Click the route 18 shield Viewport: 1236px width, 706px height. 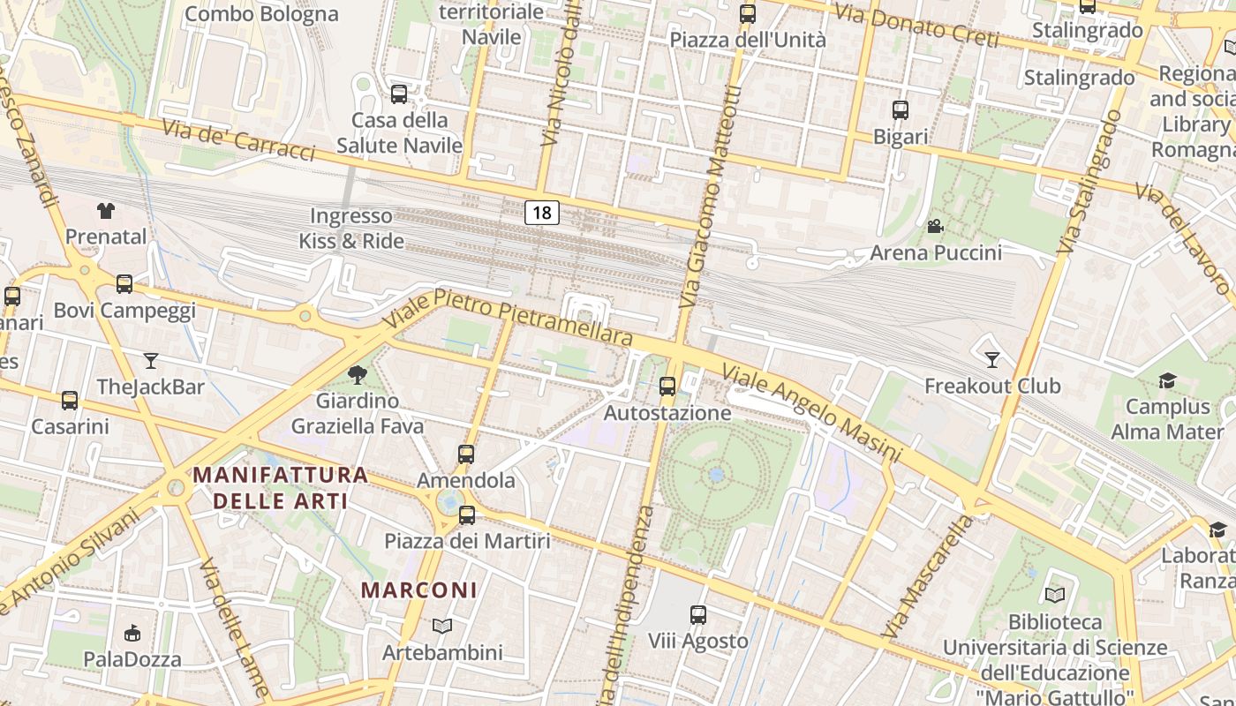(x=542, y=212)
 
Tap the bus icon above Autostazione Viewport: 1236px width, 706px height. (x=667, y=387)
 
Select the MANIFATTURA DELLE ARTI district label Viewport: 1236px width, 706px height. (x=281, y=488)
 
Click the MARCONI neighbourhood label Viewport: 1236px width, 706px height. (x=419, y=590)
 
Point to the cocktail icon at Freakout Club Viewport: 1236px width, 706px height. (x=992, y=359)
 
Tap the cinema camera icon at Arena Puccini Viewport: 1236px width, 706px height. (x=935, y=227)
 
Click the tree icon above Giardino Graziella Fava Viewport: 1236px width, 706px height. (x=358, y=375)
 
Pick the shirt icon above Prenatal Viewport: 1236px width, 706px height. (x=106, y=210)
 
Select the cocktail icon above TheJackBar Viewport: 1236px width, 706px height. (x=151, y=360)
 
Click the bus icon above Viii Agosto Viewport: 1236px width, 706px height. (x=698, y=615)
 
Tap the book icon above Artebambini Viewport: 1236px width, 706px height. (x=442, y=627)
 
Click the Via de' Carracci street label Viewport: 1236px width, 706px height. (x=238, y=139)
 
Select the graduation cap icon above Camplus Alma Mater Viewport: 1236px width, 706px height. (x=1167, y=380)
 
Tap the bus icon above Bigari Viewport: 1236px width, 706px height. (x=901, y=110)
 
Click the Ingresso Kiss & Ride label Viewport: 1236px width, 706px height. (x=351, y=229)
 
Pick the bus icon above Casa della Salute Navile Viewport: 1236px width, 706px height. (x=399, y=94)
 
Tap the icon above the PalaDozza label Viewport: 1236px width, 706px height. (x=132, y=633)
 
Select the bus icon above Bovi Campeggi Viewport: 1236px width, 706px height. (x=124, y=284)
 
